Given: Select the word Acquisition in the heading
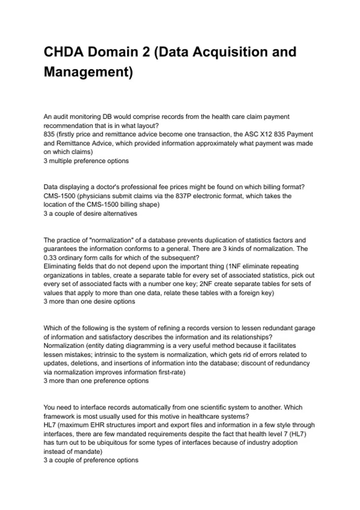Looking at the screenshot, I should (x=229, y=52).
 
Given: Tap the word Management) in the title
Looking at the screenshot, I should (x=88, y=72).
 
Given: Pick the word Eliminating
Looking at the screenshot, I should (x=60, y=266).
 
